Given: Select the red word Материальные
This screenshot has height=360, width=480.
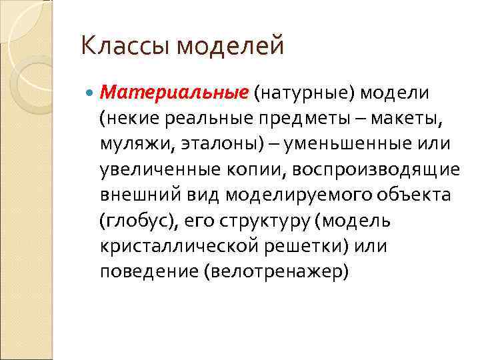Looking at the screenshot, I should tap(174, 93).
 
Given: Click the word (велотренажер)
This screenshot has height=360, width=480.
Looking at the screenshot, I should tap(278, 271).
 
